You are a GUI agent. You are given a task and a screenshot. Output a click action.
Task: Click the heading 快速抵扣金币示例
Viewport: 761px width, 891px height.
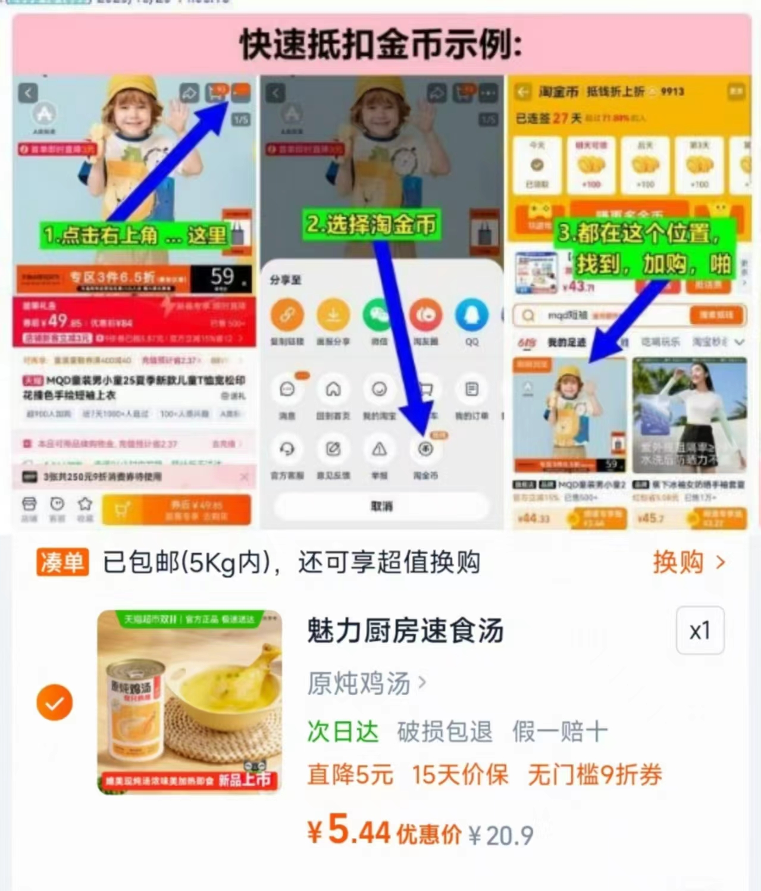tap(381, 45)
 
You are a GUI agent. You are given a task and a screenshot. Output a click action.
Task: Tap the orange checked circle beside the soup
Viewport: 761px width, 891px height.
tap(54, 702)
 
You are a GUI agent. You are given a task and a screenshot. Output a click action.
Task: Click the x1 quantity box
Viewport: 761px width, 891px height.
tap(700, 630)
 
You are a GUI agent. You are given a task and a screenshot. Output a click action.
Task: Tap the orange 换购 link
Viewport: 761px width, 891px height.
tap(688, 562)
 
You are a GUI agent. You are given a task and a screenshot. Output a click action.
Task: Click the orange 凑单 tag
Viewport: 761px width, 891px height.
tap(62, 562)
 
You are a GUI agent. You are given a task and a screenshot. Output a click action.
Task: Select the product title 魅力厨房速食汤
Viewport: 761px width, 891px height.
tap(405, 631)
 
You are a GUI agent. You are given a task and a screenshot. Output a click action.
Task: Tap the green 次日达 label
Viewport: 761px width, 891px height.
tap(343, 731)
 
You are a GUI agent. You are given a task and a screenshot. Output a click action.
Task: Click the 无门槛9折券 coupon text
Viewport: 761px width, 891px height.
tap(594, 775)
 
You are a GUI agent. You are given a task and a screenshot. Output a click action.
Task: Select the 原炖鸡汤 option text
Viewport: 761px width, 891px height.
tap(359, 683)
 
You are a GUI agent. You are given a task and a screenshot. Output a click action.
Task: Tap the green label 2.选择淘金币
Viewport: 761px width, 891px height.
tap(371, 224)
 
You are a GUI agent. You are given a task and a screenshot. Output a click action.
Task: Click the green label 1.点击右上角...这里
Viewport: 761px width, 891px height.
tap(135, 235)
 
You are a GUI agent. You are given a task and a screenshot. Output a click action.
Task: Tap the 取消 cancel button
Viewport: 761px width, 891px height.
tap(381, 506)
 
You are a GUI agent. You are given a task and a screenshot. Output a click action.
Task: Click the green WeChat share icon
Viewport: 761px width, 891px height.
tap(379, 315)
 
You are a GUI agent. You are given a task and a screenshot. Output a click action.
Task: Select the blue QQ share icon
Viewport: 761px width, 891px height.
tap(471, 315)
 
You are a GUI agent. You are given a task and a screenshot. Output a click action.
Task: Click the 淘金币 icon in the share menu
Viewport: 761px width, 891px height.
tap(425, 450)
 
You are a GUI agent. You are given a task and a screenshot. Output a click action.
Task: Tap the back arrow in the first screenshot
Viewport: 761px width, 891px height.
tap(28, 93)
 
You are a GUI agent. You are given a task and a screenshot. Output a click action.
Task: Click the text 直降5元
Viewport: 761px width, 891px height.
tap(350, 775)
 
